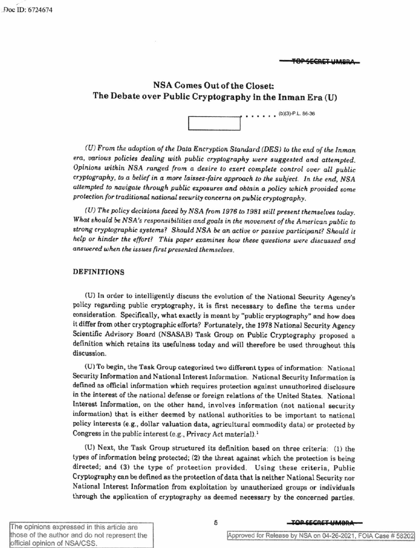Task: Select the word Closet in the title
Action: pyautogui.click(x=259, y=86)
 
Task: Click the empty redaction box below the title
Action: pyautogui.click(x=214, y=123)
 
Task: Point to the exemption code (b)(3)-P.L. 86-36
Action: pyautogui.click(x=296, y=114)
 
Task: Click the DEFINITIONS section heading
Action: pyautogui.click(x=98, y=272)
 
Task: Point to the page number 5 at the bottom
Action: pyautogui.click(x=215, y=523)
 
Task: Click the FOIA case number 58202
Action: pyautogui.click(x=405, y=535)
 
